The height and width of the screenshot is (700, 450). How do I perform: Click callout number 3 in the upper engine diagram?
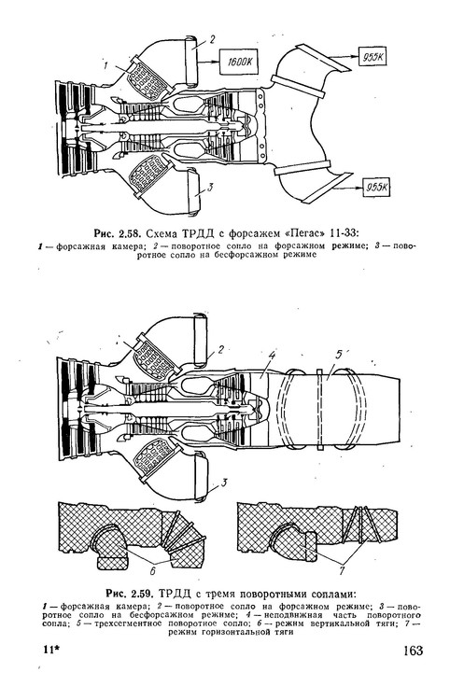coord(212,188)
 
